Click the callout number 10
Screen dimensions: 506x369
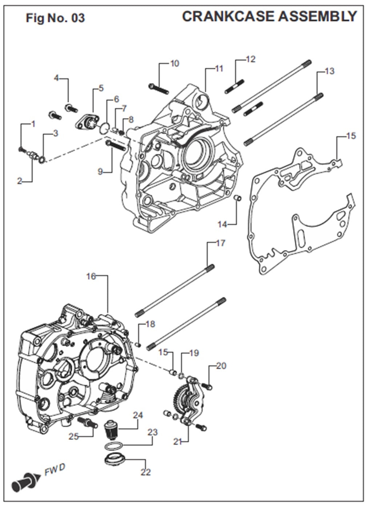click(x=175, y=64)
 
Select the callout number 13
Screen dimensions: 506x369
click(x=329, y=71)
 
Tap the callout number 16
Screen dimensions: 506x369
click(x=91, y=276)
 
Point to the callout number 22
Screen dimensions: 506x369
click(x=145, y=472)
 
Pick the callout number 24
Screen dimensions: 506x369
click(x=138, y=415)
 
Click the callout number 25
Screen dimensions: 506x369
click(x=74, y=436)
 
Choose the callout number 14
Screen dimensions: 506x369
click(x=222, y=224)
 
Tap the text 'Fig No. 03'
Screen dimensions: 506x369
click(x=55, y=18)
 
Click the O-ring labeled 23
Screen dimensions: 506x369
click(x=113, y=446)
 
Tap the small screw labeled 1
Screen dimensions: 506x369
click(x=21, y=149)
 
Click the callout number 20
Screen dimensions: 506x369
click(x=221, y=366)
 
